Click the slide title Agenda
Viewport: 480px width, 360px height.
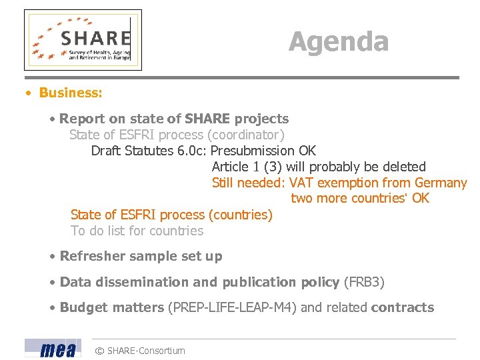pos(338,42)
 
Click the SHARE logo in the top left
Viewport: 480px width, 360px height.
pos(83,40)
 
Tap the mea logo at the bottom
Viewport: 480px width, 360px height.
pos(53,349)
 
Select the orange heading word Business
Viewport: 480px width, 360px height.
pos(70,93)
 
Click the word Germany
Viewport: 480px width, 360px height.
pos(441,183)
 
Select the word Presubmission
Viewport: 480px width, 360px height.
pos(253,151)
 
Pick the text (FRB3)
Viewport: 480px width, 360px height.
pos(364,282)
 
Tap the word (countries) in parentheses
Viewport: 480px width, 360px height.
pos(241,215)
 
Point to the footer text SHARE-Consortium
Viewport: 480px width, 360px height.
pos(146,351)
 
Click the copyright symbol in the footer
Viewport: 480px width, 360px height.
pos(99,351)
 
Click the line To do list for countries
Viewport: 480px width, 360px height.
pos(137,231)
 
